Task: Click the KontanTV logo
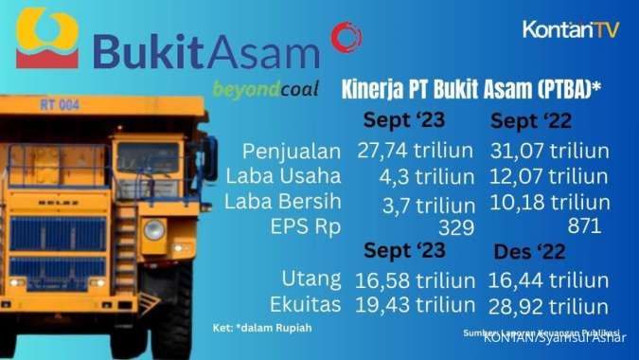[x=571, y=29]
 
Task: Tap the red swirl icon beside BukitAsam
[x=346, y=38]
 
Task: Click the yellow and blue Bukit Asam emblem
[x=48, y=39]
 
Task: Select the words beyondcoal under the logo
[x=264, y=89]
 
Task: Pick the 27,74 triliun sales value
[x=416, y=151]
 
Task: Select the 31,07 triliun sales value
[x=549, y=151]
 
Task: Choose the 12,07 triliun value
[x=549, y=177]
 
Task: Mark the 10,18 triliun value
[x=550, y=203]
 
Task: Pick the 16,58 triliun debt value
[x=416, y=280]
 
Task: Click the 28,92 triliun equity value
[x=549, y=306]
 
